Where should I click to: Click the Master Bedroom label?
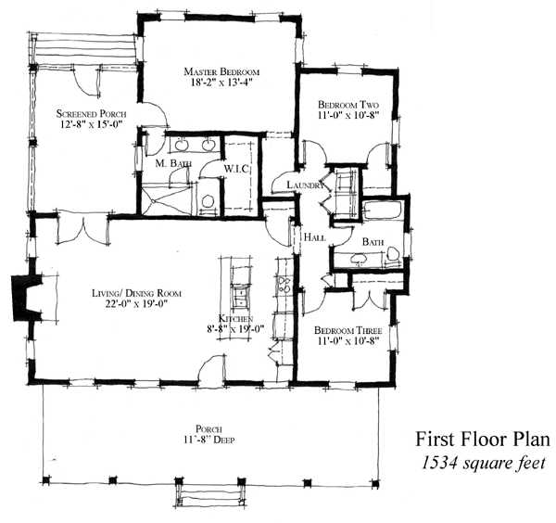(x=221, y=71)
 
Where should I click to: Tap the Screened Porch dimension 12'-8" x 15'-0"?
(x=92, y=124)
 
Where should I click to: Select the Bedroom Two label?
(x=348, y=105)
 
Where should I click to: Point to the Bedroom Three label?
(x=348, y=331)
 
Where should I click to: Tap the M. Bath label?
(x=174, y=163)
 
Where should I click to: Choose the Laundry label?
(x=305, y=185)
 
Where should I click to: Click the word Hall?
(x=315, y=237)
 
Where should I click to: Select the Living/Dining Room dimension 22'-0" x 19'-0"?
(x=136, y=304)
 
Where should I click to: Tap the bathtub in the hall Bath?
(x=383, y=210)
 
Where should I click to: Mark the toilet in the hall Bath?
(x=393, y=254)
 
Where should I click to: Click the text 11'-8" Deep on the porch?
(x=208, y=440)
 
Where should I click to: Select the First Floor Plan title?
(x=483, y=440)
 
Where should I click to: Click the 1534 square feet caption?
(x=483, y=463)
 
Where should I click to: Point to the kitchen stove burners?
(x=284, y=284)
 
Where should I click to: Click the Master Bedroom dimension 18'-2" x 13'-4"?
(x=221, y=83)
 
